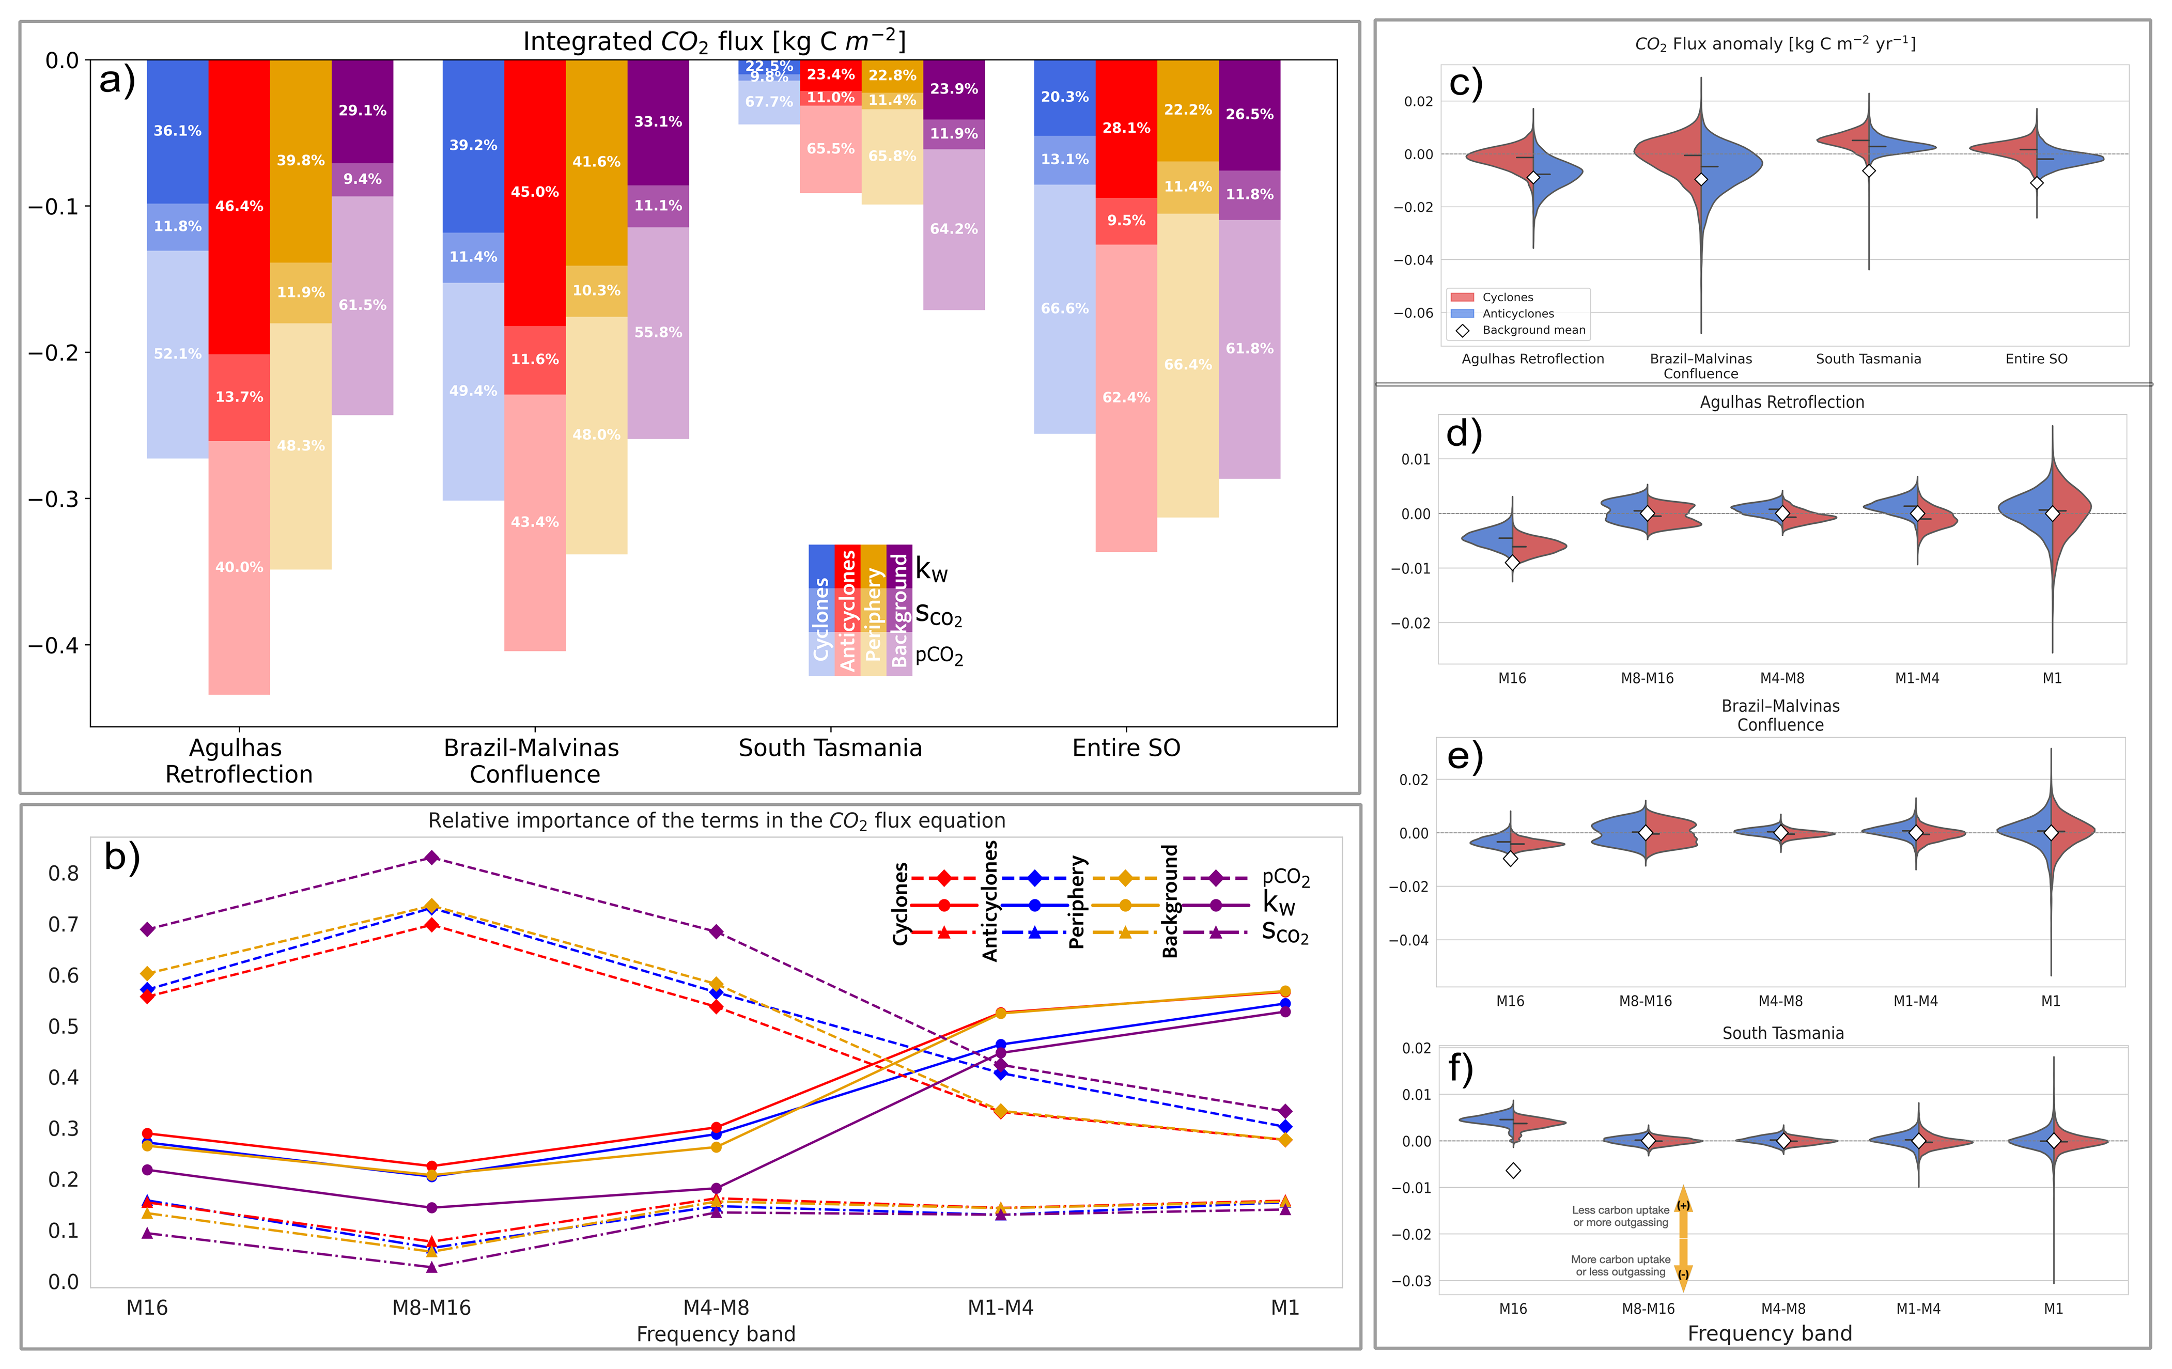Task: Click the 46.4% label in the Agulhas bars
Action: coord(239,207)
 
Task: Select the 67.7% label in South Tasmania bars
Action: coord(768,102)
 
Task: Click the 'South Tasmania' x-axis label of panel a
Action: coord(830,748)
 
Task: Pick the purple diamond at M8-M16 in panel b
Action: coord(432,858)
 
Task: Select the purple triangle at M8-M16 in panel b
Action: coord(432,1267)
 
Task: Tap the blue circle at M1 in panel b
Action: coord(1285,1004)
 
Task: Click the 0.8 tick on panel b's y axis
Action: coord(63,873)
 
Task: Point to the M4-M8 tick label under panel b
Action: coord(716,1308)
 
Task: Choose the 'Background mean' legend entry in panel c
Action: coord(1533,330)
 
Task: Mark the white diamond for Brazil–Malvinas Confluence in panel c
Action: coord(1701,179)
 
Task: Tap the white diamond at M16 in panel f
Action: coord(1514,1171)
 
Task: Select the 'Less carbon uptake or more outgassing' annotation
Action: coord(1620,1217)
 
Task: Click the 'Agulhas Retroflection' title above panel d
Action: coord(1781,402)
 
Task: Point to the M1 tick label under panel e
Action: coord(2050,1001)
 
